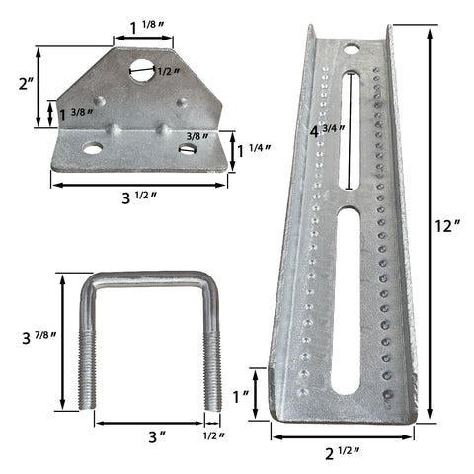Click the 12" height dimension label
tap(447, 226)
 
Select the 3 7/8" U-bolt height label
tap(39, 338)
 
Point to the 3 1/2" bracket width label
tap(139, 197)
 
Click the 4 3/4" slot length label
tap(327, 131)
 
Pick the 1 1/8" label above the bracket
tap(147, 27)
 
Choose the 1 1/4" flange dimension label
tap(254, 151)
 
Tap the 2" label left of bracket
tap(27, 84)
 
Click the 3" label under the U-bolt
tap(157, 437)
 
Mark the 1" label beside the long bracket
tap(240, 396)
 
